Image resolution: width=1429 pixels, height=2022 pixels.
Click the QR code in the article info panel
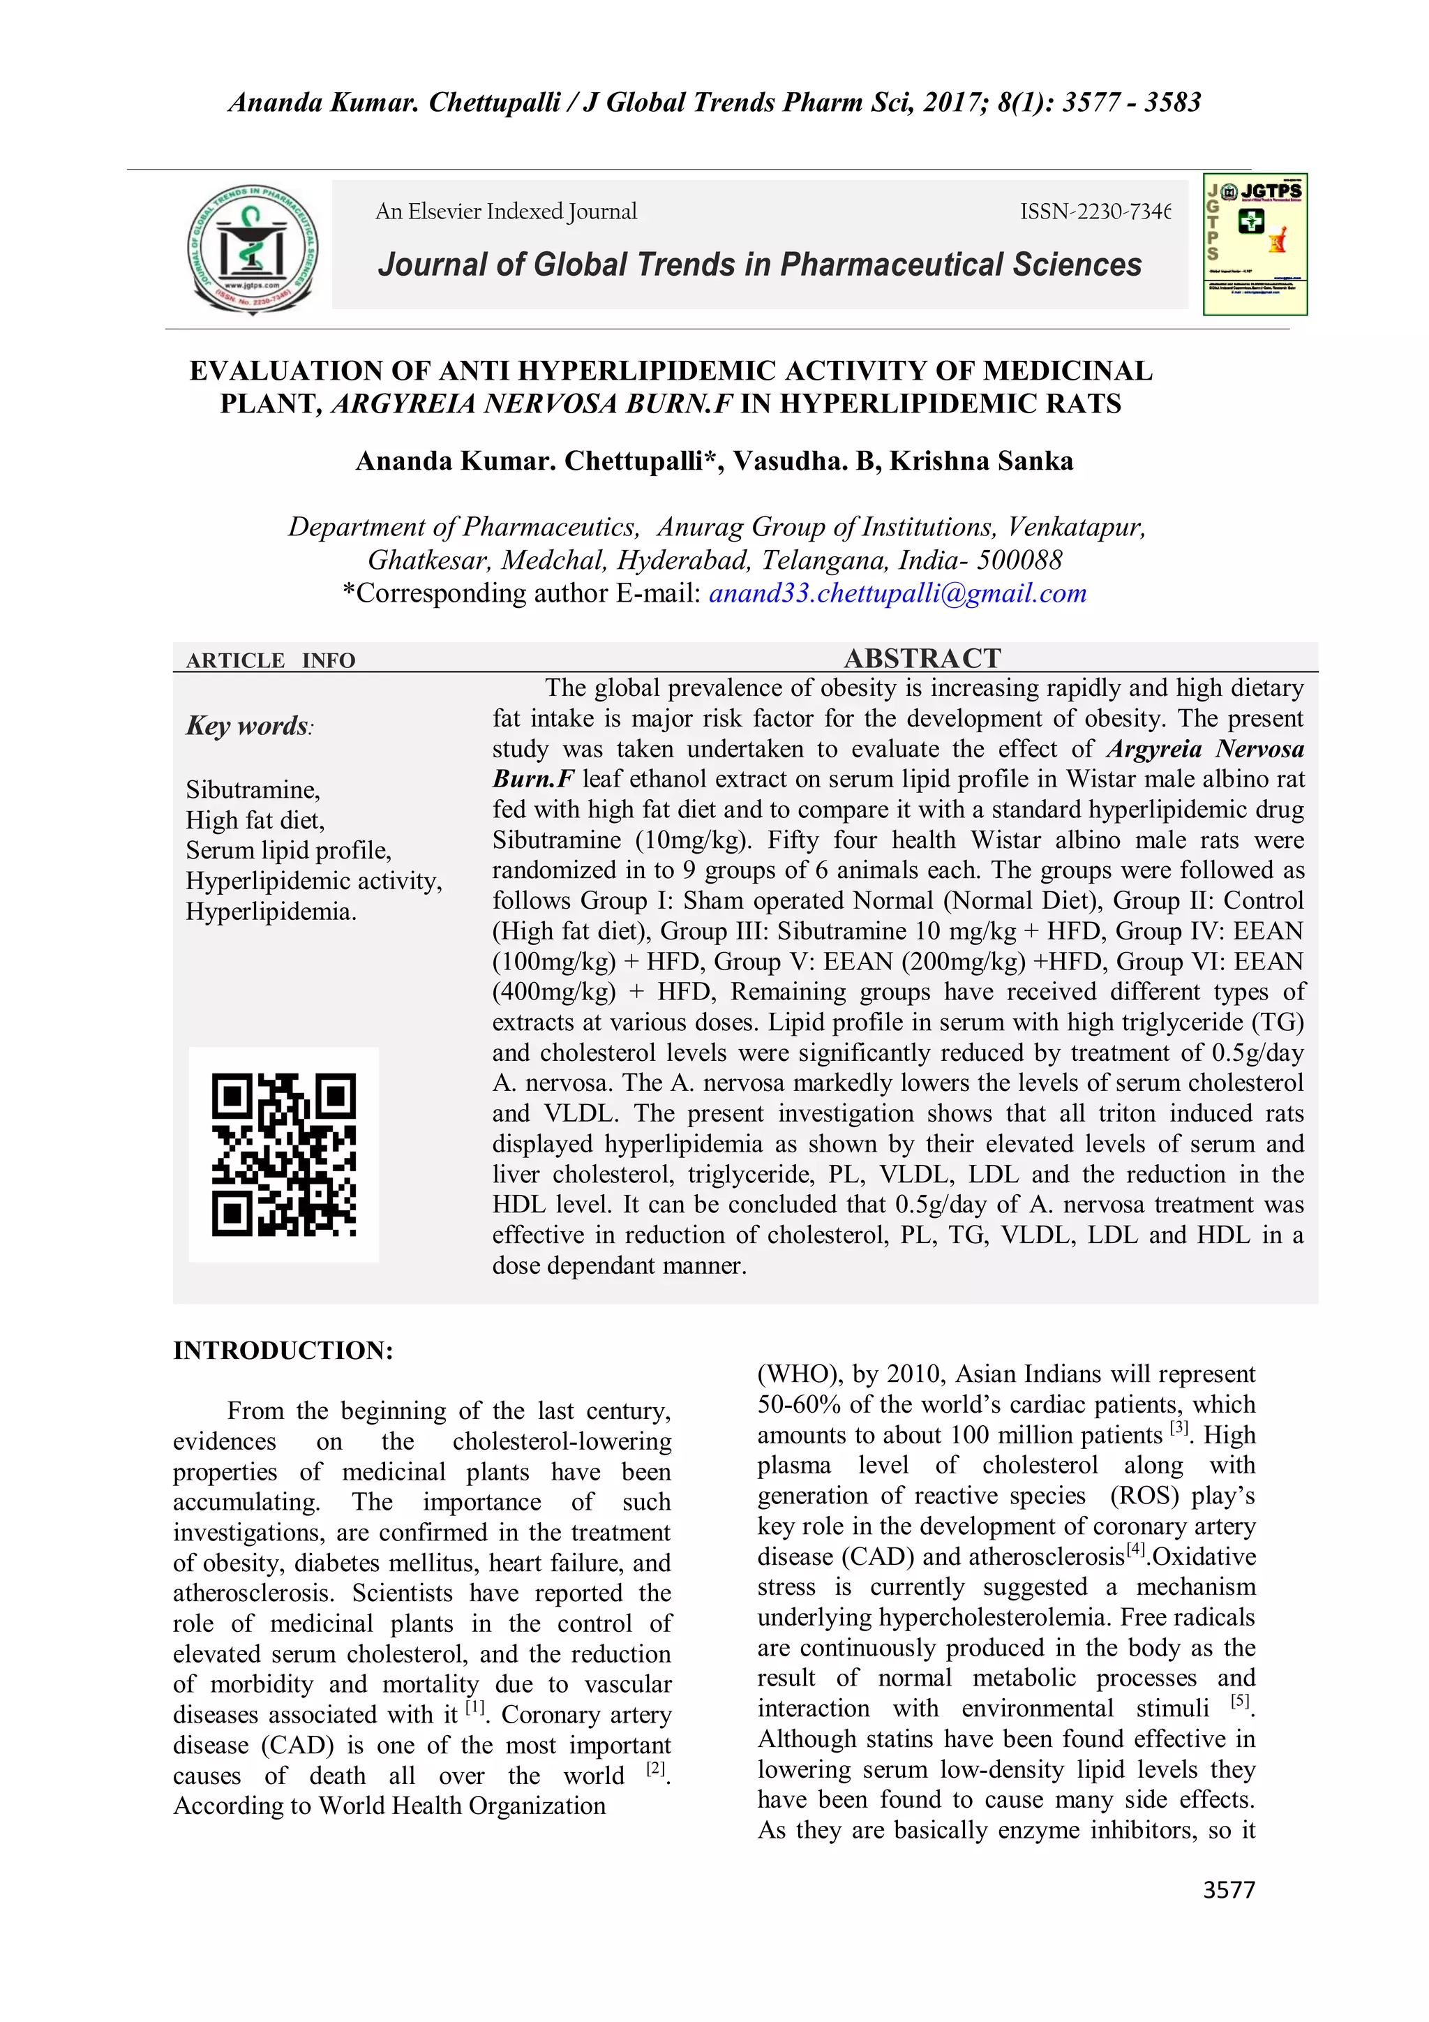click(283, 1154)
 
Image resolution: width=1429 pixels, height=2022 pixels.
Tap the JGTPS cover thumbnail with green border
click(1255, 244)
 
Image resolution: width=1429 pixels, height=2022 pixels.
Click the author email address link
click(897, 593)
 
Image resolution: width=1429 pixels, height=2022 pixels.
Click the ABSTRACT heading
click(922, 658)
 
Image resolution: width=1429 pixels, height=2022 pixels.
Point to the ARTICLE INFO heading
click(270, 660)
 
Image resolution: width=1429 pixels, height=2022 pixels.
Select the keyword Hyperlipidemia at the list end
click(270, 912)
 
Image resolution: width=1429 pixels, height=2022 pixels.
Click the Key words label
click(248, 726)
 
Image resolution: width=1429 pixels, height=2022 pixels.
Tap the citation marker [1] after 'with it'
click(474, 1708)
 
